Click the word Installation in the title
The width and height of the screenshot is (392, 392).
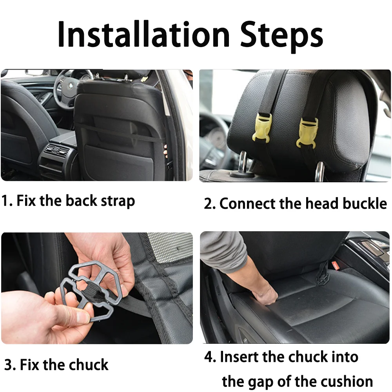pyautogui.click(x=143, y=34)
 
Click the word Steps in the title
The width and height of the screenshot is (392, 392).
pyautogui.click(x=282, y=36)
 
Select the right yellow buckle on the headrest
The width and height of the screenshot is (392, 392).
pyautogui.click(x=307, y=132)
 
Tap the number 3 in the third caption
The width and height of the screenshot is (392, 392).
pyautogui.click(x=9, y=365)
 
